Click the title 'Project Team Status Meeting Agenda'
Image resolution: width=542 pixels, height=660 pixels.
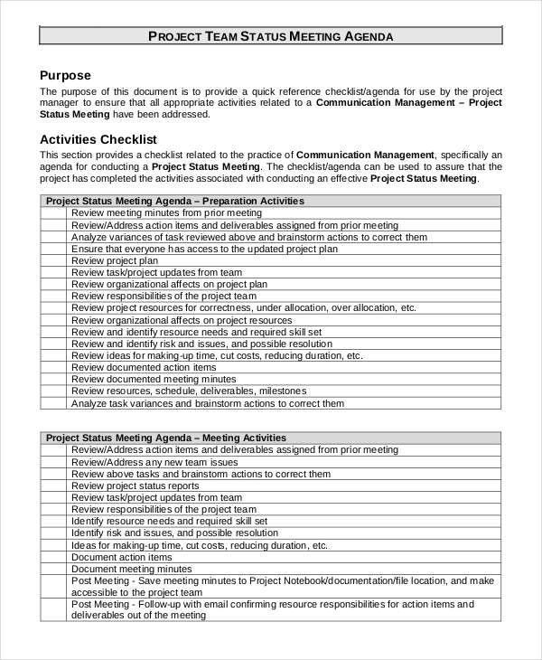270,36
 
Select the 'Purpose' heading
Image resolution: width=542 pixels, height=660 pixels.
66,75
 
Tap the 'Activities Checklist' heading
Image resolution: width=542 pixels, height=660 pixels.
98,139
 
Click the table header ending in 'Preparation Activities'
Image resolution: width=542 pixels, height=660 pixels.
175,201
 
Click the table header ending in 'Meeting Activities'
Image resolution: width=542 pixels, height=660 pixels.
166,438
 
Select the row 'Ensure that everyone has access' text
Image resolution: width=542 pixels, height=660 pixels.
204,249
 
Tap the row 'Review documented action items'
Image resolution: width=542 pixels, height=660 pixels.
144,368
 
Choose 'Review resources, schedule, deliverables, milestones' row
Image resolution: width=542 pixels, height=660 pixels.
189,391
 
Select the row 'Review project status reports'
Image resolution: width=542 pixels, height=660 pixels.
135,486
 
